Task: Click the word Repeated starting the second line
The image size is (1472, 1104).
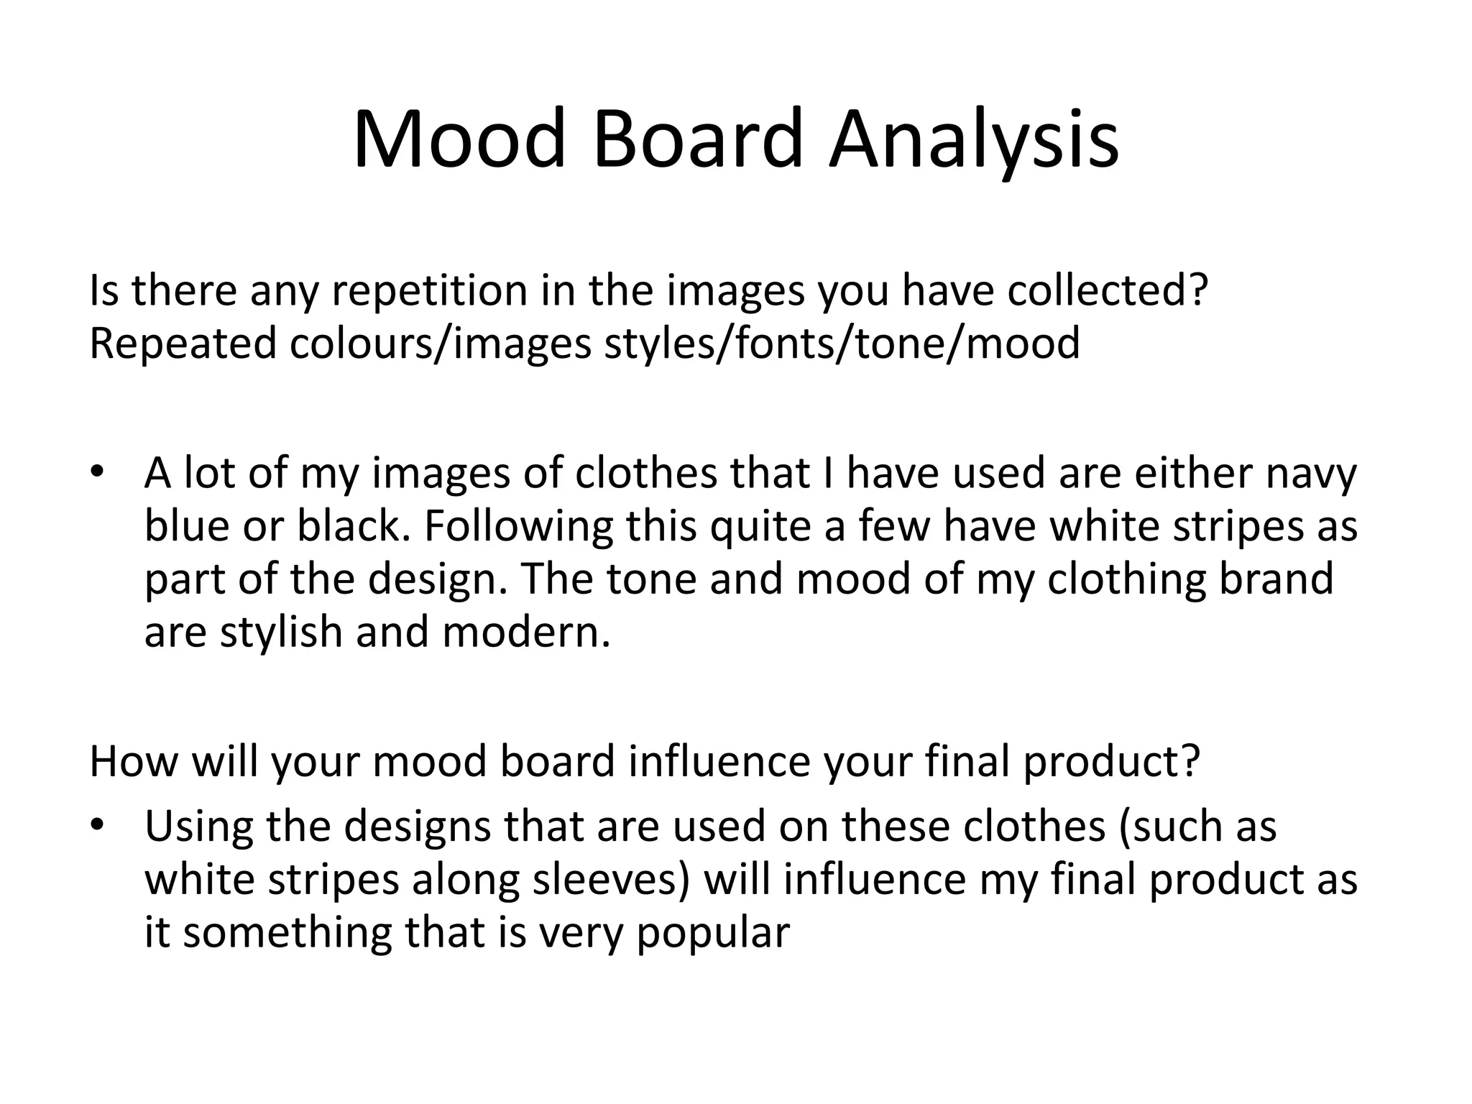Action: click(x=183, y=344)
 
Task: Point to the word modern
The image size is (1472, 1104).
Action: click(x=523, y=632)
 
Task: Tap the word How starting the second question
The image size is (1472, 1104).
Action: click(x=133, y=762)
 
